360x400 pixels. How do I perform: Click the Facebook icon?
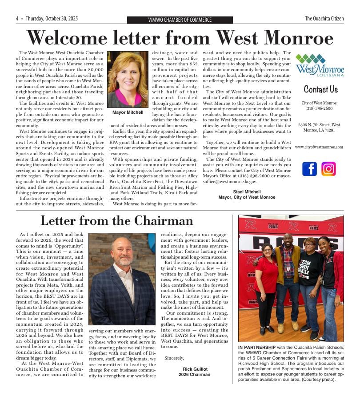[x=309, y=169]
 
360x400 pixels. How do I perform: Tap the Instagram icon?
[x=328, y=169]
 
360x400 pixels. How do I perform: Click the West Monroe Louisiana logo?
[x=320, y=65]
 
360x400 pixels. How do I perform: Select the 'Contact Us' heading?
[x=320, y=89]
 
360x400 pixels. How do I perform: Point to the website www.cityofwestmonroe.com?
[x=319, y=147]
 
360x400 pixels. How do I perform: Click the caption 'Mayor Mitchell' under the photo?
[x=128, y=113]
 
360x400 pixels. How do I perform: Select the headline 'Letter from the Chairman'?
[x=117, y=220]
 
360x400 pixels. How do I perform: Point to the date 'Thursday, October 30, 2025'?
[x=52, y=19]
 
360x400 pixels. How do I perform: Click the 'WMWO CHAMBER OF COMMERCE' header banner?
[x=180, y=20]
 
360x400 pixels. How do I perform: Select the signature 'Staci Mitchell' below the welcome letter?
[x=247, y=192]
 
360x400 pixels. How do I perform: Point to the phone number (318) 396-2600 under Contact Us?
[x=319, y=108]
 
